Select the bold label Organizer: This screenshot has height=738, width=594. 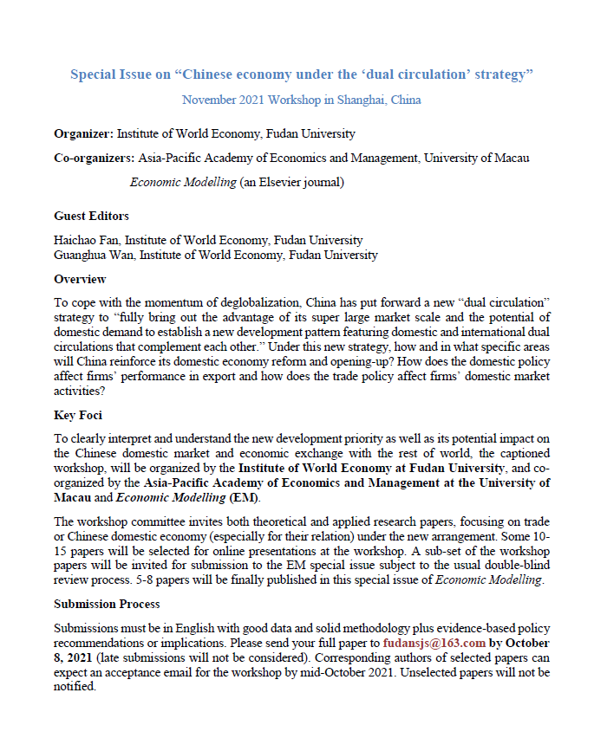[83, 134]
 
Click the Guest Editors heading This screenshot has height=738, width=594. [91, 216]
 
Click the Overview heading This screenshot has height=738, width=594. [80, 279]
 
